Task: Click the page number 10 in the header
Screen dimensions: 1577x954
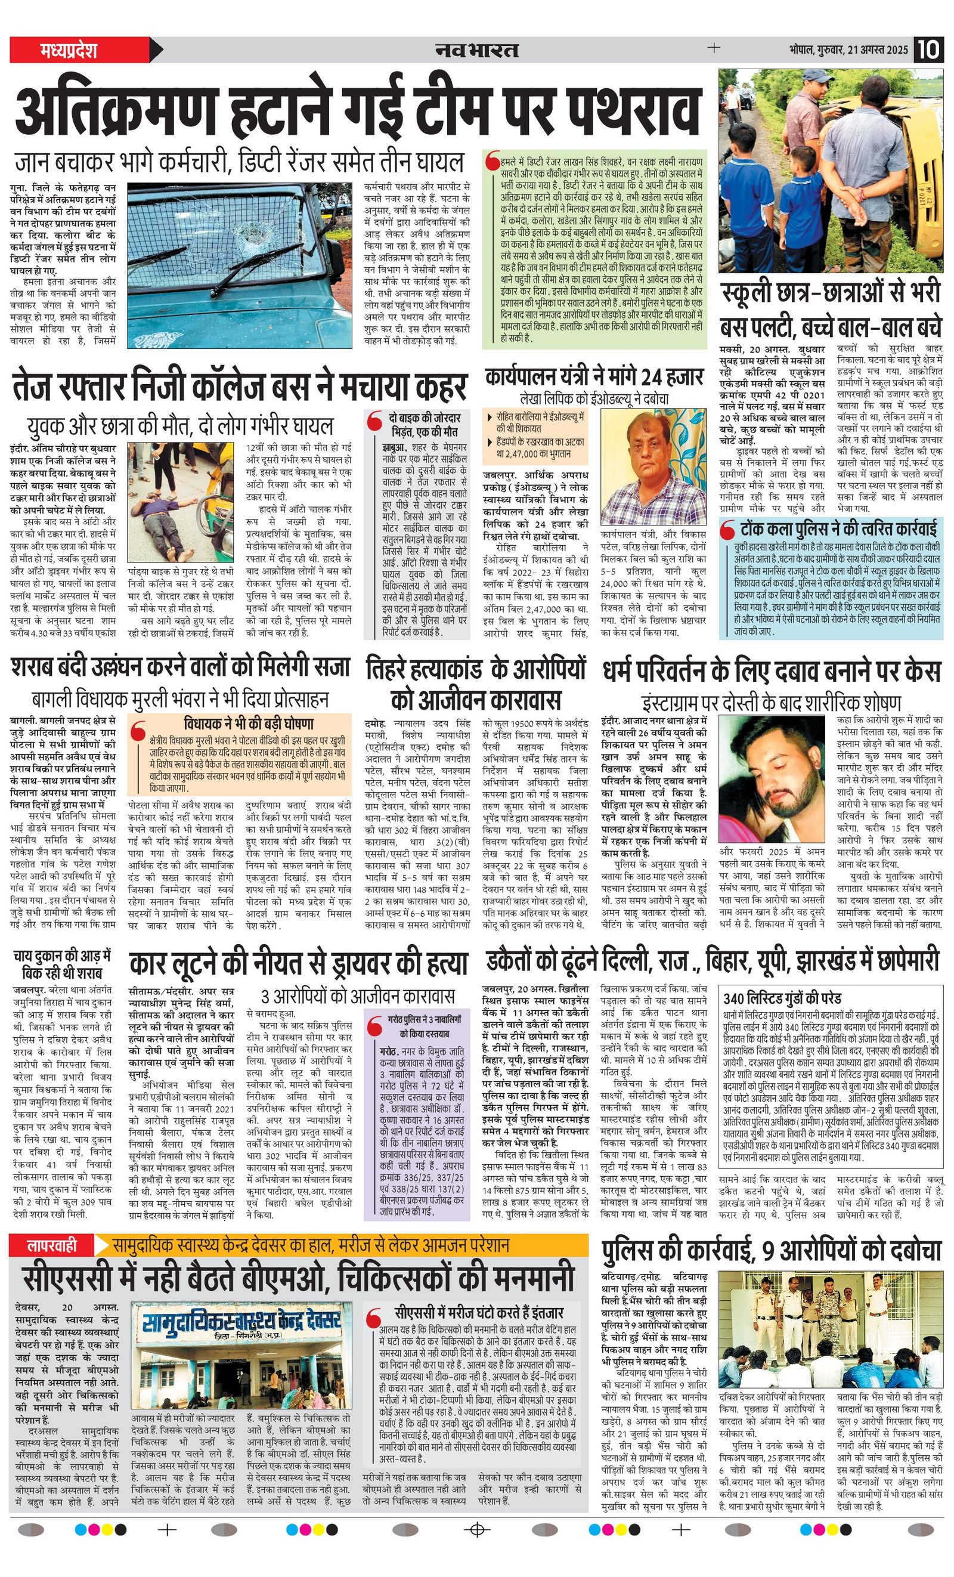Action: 928,50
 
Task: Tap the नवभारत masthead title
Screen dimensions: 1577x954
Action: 476,50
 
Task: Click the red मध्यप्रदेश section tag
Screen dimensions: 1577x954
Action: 69,50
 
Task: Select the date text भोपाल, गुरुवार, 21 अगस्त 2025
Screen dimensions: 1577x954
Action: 848,50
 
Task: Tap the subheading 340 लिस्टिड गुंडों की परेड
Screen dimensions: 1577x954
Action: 782,998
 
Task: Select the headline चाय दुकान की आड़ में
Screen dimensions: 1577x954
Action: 61,956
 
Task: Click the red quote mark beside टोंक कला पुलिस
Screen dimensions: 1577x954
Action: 727,531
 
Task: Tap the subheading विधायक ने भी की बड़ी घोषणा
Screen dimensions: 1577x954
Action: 248,723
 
